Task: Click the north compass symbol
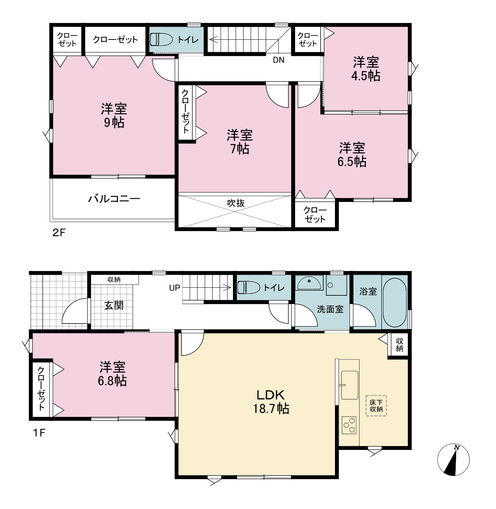[453, 460]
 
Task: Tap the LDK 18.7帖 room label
[271, 401]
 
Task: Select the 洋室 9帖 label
[114, 115]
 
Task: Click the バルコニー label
[114, 199]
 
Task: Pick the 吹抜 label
[236, 203]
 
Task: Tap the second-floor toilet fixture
[161, 40]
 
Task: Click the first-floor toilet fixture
[249, 288]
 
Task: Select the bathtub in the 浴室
[394, 302]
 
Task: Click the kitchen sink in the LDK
[350, 385]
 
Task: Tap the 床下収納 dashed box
[376, 405]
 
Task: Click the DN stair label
[279, 60]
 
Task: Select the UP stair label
[175, 288]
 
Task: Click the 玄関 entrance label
[114, 306]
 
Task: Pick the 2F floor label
[59, 232]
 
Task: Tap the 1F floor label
[39, 433]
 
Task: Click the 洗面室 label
[330, 309]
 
